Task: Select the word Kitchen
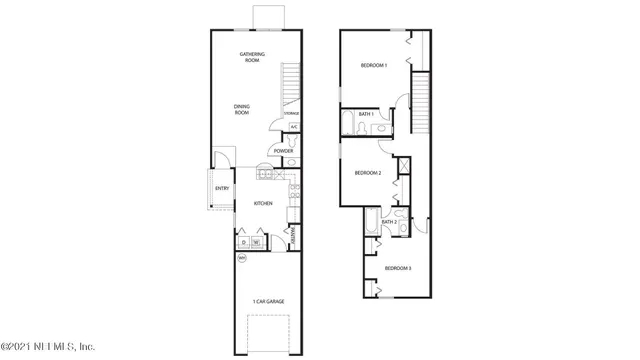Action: tap(263, 203)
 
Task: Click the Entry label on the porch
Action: tap(222, 188)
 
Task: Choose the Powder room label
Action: tap(283, 151)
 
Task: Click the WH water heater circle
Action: tap(242, 258)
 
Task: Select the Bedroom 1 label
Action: tap(375, 66)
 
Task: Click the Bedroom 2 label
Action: tap(368, 173)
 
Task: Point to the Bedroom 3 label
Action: tap(398, 268)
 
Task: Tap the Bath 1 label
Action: tap(367, 114)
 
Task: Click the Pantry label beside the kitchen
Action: tap(292, 235)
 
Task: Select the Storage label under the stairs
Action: tap(291, 114)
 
